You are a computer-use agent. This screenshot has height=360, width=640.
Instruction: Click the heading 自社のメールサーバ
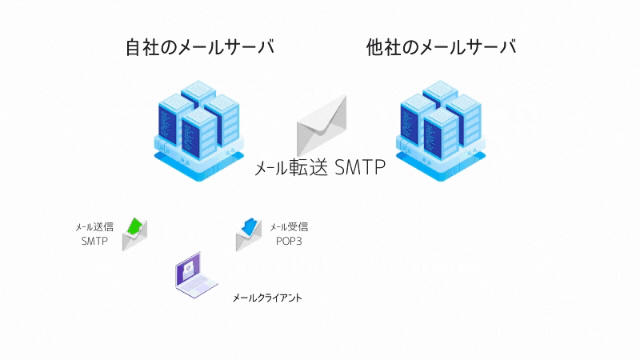pos(199,47)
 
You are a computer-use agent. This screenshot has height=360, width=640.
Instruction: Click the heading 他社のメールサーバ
pos(441,47)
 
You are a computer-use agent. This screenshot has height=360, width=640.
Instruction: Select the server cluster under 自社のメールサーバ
pos(199,131)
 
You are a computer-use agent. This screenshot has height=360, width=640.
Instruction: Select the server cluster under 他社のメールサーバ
pos(441,131)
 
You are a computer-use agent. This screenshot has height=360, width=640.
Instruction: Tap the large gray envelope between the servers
pos(322,125)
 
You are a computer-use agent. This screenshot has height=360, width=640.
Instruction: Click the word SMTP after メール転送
pos(359,167)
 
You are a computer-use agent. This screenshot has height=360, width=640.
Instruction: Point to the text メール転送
pos(291,168)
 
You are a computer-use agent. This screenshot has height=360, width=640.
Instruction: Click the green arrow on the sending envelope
pos(135,226)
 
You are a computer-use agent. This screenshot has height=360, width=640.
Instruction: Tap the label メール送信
pos(94,227)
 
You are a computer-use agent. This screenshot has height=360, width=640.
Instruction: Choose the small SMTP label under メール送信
pos(94,242)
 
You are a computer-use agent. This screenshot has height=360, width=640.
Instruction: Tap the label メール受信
pos(289,227)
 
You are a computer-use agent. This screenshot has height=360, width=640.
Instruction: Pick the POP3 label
pos(289,242)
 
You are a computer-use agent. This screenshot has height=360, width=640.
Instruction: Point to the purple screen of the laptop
pos(188,270)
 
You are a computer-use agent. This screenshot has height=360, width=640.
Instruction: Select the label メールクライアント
pos(267,298)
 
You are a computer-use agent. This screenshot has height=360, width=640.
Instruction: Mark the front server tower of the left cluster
pos(199,134)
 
